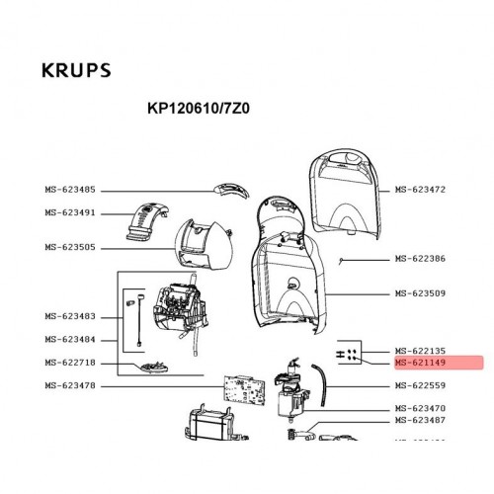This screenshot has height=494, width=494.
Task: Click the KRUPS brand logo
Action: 76,70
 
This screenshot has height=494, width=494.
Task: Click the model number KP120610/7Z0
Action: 199,109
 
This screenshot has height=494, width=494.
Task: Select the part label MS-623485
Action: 70,190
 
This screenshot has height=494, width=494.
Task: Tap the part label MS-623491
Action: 70,212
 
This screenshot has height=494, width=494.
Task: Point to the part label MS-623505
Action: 70,247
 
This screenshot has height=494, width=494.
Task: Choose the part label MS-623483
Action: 70,316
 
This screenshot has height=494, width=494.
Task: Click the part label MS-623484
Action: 70,340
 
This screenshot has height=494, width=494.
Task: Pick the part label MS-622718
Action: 70,363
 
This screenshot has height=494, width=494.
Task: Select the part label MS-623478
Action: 70,385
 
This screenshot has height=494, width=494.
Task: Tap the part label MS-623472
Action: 420,190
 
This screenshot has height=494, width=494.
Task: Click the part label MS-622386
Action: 420,259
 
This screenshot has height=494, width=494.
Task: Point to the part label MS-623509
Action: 420,293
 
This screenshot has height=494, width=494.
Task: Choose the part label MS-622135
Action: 420,351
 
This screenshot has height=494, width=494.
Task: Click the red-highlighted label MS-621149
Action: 420,363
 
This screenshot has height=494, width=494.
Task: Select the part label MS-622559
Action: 420,385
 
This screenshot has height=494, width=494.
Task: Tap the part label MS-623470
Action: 420,409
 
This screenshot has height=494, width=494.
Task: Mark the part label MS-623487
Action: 420,420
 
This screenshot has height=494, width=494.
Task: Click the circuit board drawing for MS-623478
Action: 245,390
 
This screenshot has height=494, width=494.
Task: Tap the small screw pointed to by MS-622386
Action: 341,262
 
